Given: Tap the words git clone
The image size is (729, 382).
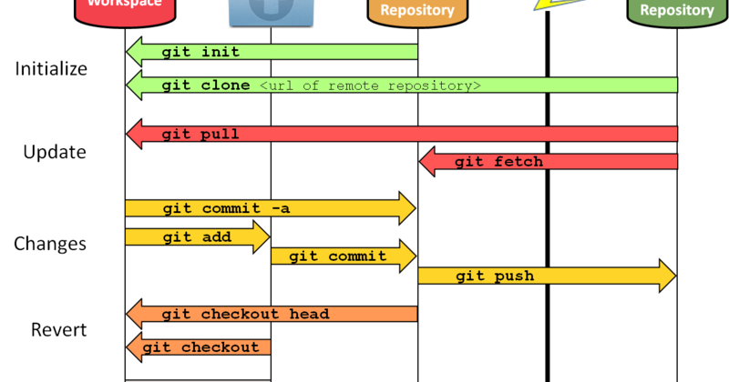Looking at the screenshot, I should (206, 85).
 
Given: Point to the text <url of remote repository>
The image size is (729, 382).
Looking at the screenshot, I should (370, 85).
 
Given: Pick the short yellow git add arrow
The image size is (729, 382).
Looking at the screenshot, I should (197, 237).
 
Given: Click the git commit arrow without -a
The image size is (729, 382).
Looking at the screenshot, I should (343, 256).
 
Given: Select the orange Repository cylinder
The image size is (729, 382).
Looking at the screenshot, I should (417, 11).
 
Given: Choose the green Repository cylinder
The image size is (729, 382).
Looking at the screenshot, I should (677, 11).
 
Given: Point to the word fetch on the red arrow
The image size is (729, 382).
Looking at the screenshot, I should (518, 162).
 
